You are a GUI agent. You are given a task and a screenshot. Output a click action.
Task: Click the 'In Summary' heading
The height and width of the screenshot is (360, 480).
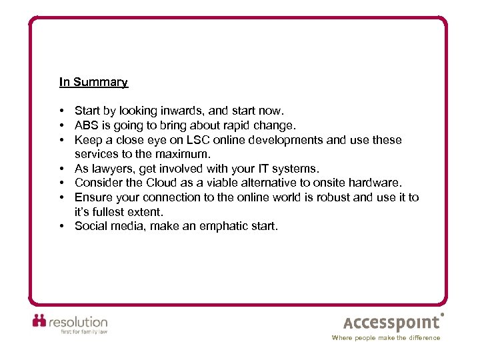[x=93, y=82]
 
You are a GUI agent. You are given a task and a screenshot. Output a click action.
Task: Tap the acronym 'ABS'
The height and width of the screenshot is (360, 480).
[x=87, y=125]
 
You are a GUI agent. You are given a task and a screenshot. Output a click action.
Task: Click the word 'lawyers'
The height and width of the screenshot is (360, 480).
[x=112, y=169]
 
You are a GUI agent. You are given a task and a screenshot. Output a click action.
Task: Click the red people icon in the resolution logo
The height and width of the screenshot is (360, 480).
[x=39, y=320]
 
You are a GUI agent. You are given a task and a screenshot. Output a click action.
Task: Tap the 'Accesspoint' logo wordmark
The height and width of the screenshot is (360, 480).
[x=392, y=323]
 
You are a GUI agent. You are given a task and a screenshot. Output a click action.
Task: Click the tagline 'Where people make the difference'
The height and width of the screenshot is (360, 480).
[x=386, y=338]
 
